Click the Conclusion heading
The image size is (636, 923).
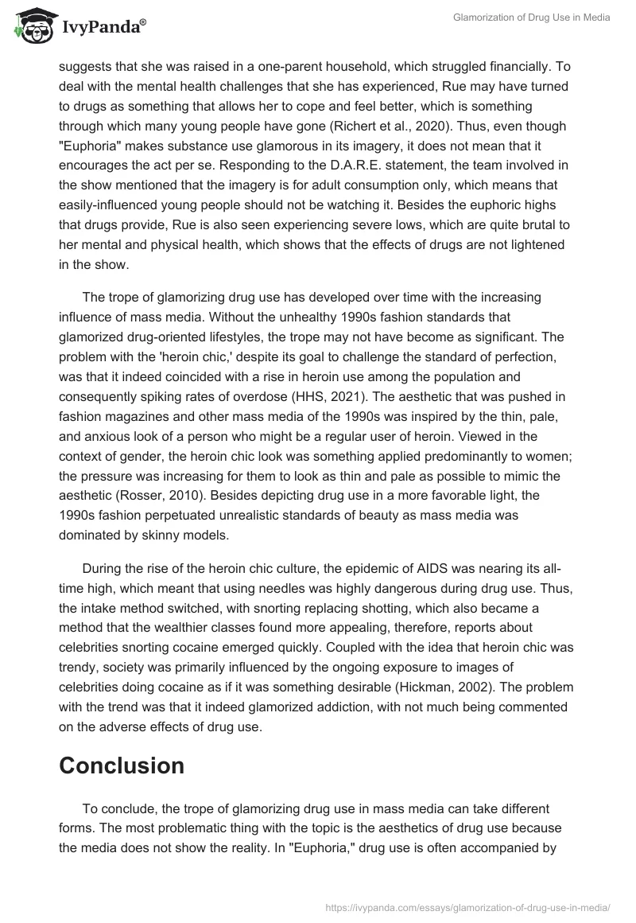[x=122, y=765]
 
